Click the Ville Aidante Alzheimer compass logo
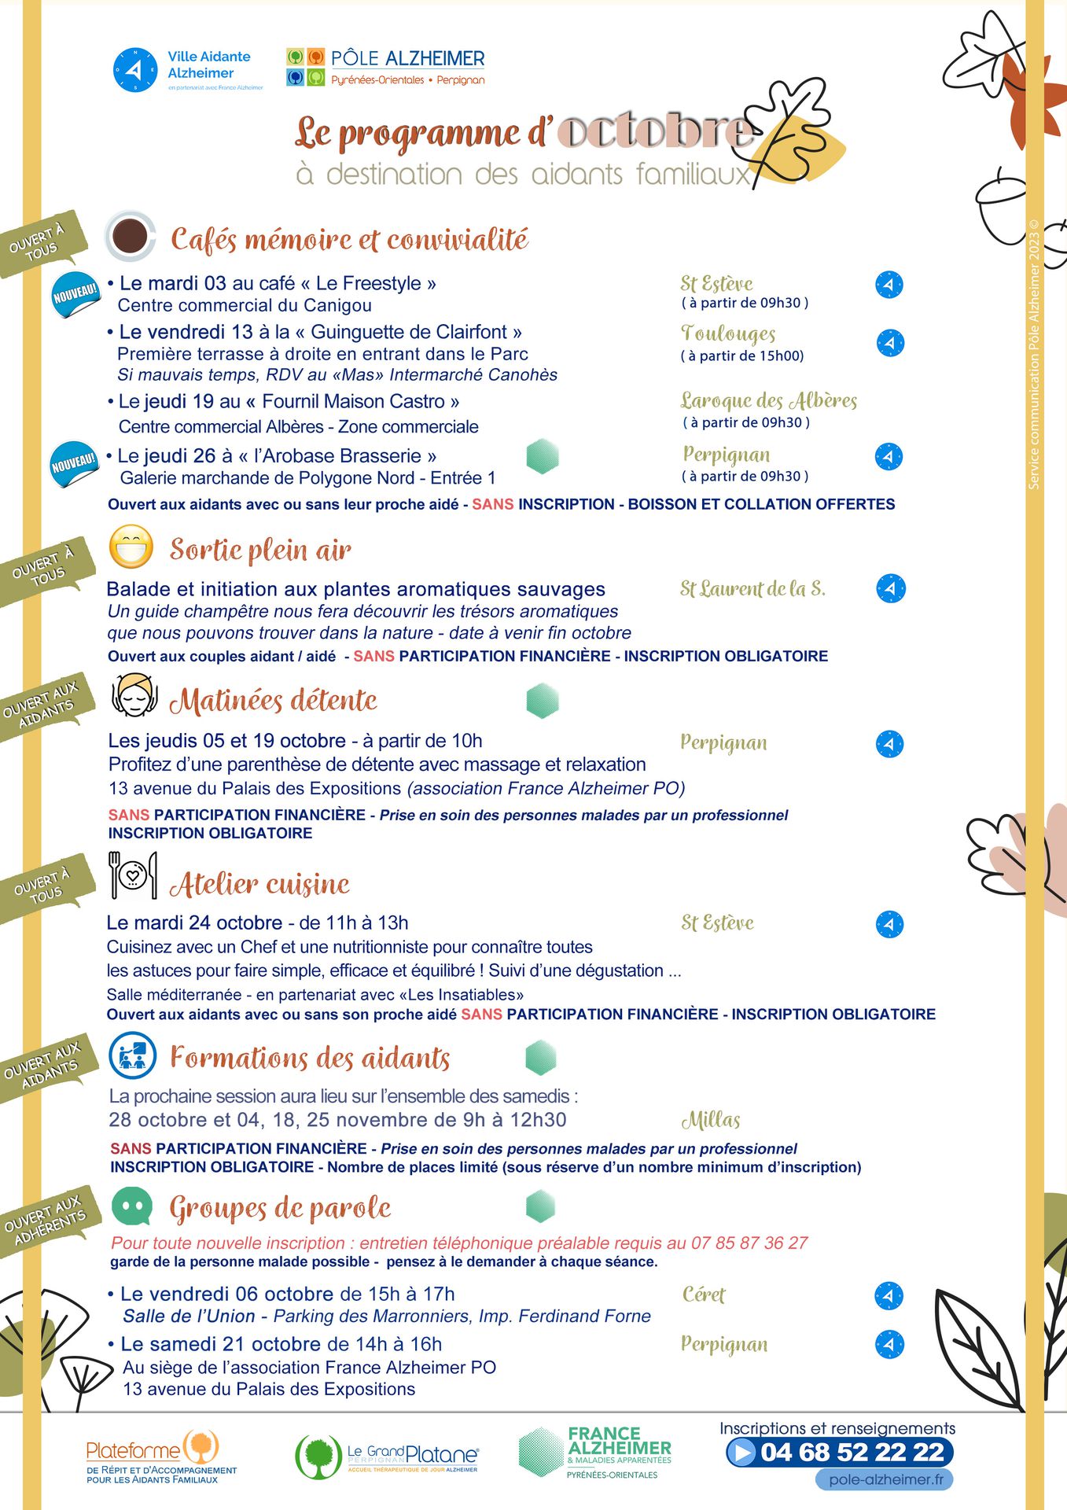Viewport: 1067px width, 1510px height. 135,70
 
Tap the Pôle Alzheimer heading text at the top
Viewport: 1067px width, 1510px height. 407,59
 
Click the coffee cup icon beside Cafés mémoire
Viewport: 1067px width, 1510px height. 130,235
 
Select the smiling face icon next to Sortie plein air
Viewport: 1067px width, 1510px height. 131,547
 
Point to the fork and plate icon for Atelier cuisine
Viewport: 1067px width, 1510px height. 132,875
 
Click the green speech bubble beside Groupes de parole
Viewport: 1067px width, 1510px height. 131,1206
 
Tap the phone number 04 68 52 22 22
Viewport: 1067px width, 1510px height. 852,1452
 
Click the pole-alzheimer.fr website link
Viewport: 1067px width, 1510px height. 885,1479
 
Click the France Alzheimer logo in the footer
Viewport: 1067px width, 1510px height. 596,1452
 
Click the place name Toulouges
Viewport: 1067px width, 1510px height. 728,334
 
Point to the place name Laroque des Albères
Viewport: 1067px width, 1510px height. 768,400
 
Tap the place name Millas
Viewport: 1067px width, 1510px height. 711,1120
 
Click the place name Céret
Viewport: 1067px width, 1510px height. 704,1295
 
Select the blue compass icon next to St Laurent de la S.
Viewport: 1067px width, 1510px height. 890,588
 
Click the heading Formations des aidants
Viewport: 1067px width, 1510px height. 310,1058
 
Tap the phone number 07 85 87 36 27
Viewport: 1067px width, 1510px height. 749,1243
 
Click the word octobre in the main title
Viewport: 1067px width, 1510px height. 653,131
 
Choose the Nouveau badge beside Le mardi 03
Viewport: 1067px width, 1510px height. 75,295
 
